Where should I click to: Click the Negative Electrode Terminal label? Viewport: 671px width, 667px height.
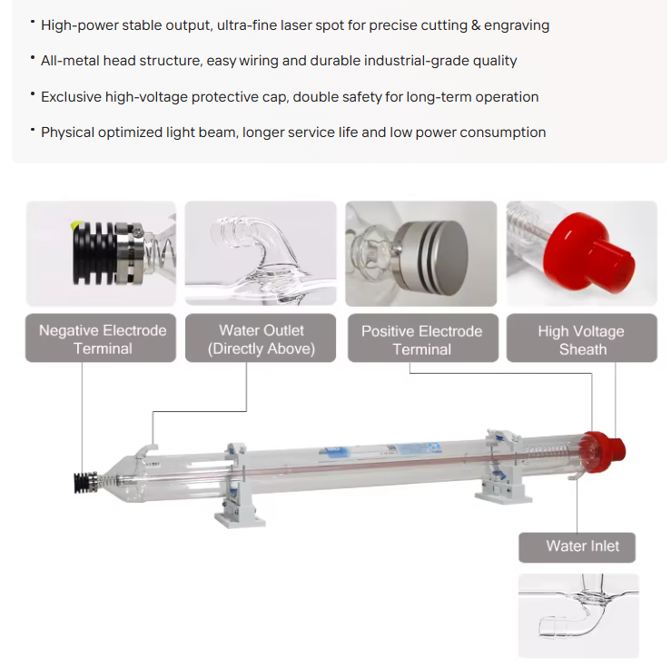102,339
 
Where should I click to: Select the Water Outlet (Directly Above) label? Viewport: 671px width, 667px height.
261,339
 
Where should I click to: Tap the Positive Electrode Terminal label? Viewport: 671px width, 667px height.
421,339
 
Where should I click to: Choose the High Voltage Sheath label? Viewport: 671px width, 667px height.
581,339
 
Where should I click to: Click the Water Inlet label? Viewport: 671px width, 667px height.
582,546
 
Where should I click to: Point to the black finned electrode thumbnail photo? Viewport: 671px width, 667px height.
101,253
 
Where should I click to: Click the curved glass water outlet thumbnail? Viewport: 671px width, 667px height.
261,253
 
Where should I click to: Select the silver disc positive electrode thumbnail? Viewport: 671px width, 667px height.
421,253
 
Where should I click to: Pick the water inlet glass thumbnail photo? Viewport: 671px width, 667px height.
578,614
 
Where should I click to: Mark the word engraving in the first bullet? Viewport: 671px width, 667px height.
518,25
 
